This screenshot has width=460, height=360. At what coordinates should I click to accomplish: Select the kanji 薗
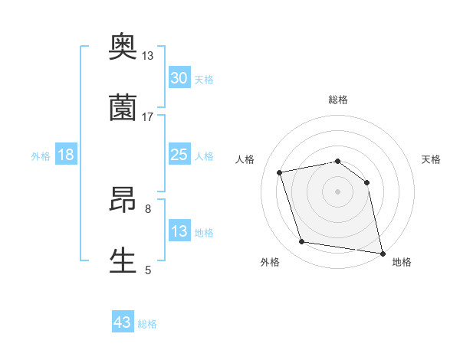click(123, 107)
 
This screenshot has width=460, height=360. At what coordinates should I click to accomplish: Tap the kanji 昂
click(123, 201)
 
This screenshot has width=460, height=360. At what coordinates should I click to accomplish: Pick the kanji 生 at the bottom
click(123, 260)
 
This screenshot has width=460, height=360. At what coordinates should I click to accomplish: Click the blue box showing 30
click(179, 78)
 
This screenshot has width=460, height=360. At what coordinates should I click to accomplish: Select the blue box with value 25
click(179, 155)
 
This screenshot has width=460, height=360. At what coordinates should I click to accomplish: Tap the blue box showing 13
click(179, 231)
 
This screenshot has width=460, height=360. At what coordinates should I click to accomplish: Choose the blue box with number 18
click(66, 155)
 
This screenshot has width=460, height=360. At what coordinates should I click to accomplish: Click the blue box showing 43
click(123, 322)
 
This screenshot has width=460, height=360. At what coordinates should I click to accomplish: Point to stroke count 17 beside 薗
click(148, 117)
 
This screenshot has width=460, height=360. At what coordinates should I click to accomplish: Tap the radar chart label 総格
click(338, 100)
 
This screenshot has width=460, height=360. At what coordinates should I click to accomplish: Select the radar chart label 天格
click(432, 159)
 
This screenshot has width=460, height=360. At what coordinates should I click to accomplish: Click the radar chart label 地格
click(402, 262)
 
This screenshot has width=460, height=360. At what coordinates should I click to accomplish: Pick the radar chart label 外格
click(270, 262)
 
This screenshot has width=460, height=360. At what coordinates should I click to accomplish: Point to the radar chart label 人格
click(245, 159)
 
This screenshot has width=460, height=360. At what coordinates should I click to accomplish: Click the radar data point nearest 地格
click(382, 252)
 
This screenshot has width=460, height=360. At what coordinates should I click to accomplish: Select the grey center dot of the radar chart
click(338, 191)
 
